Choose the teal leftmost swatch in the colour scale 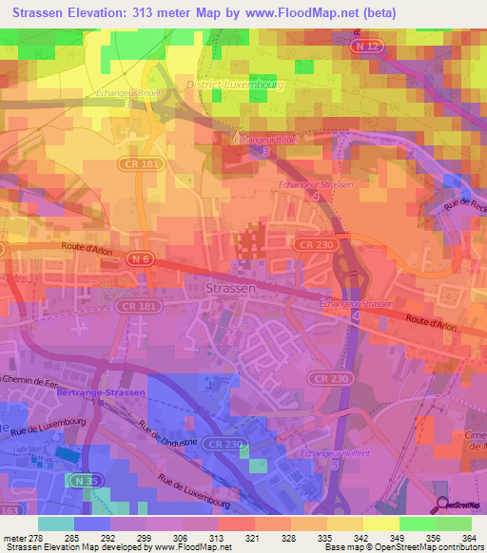click(56, 524)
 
